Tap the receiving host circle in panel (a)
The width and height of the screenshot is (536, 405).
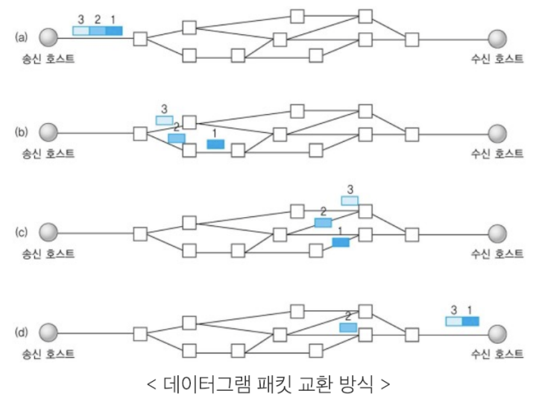tap(497, 37)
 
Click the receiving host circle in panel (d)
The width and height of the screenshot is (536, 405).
tap(497, 332)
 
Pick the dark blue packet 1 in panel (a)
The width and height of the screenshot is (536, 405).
tap(114, 31)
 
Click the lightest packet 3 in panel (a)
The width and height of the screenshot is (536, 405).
tap(81, 31)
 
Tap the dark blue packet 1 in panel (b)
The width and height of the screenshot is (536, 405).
tap(215, 144)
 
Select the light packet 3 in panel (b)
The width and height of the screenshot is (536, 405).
tap(164, 120)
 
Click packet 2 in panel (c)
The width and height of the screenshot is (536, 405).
tap(323, 222)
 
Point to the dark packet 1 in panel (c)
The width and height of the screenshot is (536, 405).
tap(341, 242)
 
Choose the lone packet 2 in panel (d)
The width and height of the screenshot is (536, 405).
tap(348, 327)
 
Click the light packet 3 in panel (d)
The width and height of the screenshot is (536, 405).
tap(453, 321)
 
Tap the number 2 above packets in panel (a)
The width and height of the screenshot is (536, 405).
tap(96, 18)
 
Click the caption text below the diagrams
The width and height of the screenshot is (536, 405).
tap(268, 386)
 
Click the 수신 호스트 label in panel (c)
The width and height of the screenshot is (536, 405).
tap(495, 254)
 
